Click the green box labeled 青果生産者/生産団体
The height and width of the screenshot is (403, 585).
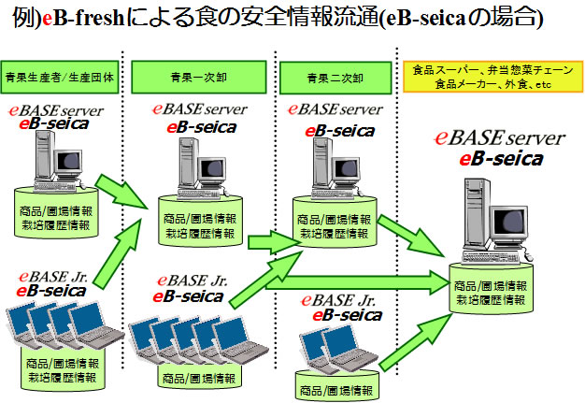[59, 77]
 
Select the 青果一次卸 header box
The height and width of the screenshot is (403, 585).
[198, 77]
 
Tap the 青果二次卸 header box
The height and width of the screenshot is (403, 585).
[335, 78]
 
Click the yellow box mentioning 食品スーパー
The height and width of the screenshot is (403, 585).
[492, 77]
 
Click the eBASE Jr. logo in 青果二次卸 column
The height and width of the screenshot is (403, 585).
[337, 300]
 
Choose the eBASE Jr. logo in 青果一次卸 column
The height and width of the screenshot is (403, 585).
[193, 281]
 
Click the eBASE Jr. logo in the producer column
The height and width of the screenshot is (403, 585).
[53, 277]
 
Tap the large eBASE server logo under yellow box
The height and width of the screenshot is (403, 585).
[500, 138]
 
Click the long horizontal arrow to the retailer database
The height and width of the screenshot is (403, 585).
[358, 282]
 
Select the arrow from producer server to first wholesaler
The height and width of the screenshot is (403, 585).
[121, 191]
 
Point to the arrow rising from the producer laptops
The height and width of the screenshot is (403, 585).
[117, 254]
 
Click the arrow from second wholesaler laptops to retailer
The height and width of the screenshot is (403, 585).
[416, 342]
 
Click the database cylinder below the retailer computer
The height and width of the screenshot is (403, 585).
[491, 288]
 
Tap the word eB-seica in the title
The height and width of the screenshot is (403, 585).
[425, 18]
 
